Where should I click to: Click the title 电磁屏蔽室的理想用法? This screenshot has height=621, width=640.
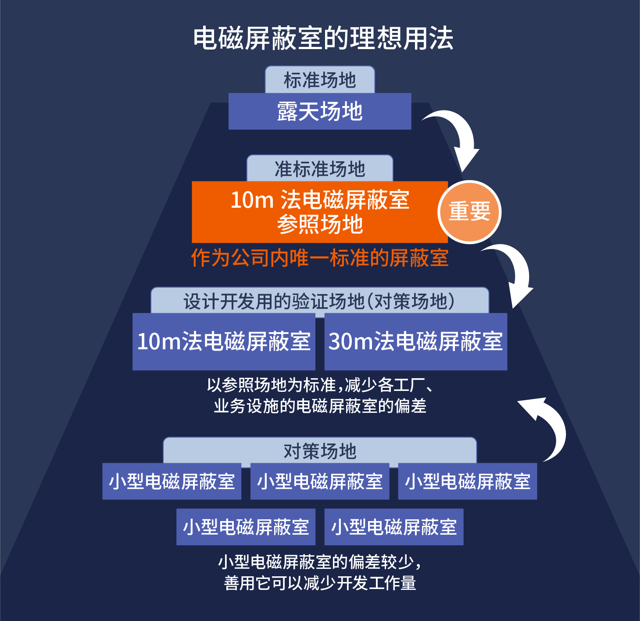click(323, 39)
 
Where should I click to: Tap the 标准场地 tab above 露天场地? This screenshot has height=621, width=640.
click(320, 80)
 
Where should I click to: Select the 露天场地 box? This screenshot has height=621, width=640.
click(320, 111)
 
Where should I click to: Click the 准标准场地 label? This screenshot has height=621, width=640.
click(320, 169)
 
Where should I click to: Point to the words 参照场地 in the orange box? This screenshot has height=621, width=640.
click(320, 224)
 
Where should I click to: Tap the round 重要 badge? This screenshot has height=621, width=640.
click(469, 212)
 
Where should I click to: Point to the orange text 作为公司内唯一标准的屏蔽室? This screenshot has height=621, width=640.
click(320, 258)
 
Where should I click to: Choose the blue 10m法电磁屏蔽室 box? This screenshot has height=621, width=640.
click(224, 341)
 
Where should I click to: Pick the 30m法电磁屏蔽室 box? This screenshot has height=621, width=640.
click(416, 341)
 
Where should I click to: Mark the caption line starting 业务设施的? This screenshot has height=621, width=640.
click(320, 406)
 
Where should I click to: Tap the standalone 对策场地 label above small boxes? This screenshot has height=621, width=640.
click(320, 451)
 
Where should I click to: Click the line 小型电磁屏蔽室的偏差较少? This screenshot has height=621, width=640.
click(320, 562)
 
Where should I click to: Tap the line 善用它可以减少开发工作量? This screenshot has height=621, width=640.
click(320, 583)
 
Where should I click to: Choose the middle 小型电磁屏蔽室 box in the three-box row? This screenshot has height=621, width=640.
click(320, 481)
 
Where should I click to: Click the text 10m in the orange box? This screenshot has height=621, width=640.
click(252, 200)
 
